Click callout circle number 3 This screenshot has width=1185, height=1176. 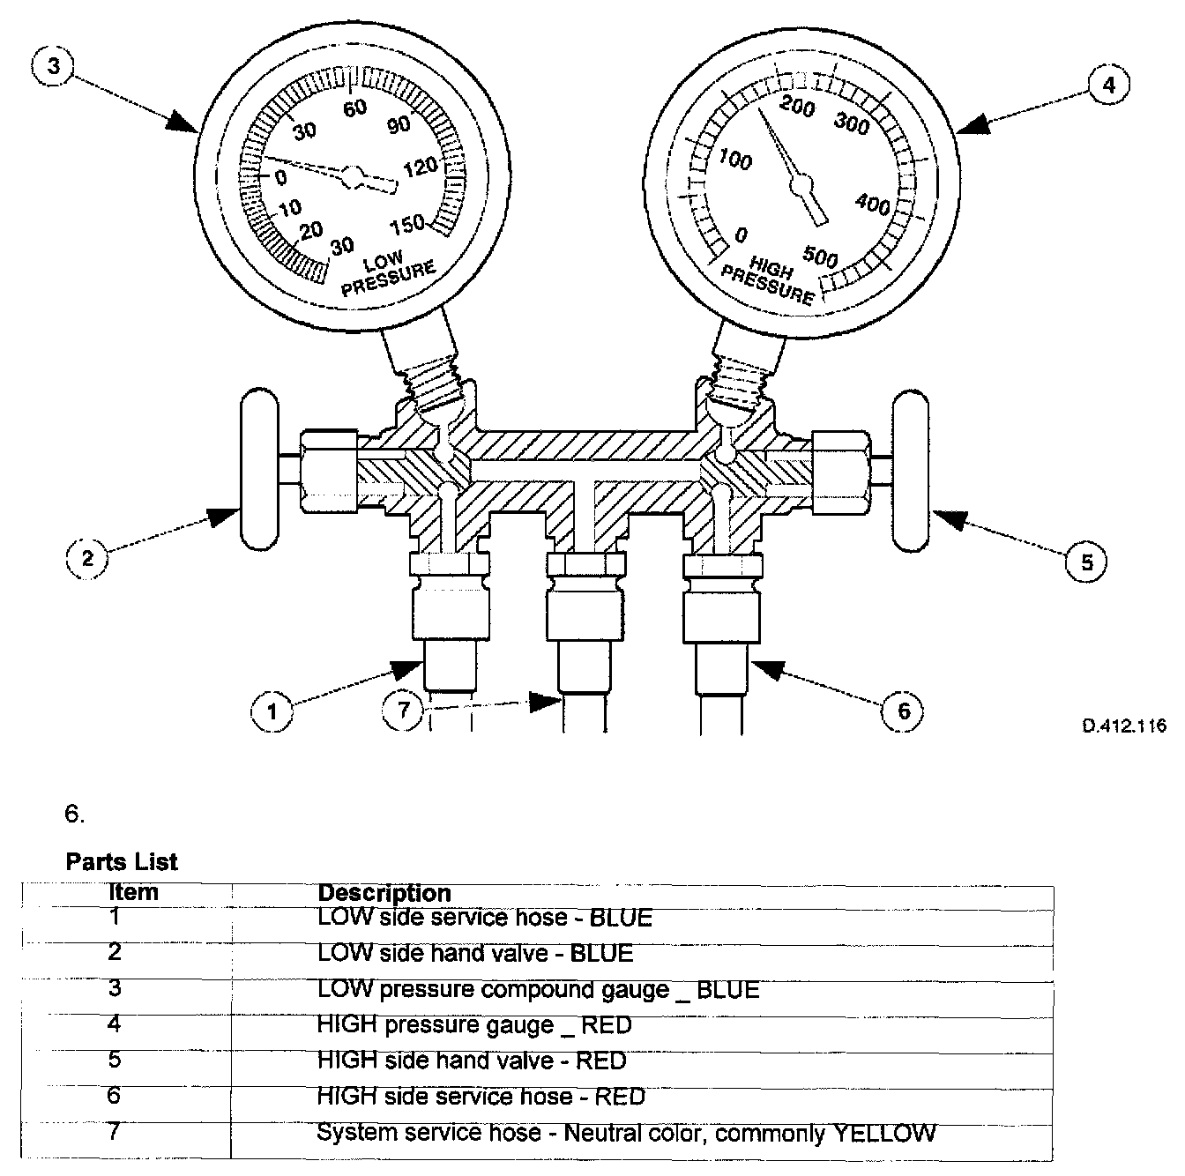point(54,68)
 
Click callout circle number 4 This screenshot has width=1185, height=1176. point(1109,85)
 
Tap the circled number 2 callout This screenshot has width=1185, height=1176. point(87,557)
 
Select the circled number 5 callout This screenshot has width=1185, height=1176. point(1086,561)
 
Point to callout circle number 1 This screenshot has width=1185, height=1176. point(272,710)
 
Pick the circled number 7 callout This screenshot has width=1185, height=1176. point(404,708)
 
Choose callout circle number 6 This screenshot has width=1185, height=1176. point(903,710)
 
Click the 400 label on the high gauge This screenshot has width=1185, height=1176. point(872,205)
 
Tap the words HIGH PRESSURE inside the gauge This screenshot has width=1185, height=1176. point(768,280)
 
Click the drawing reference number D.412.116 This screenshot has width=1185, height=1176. point(1123,726)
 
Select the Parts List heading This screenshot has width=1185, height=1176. point(122,861)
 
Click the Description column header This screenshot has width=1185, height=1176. point(384,892)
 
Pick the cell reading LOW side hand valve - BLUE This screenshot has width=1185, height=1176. point(474,953)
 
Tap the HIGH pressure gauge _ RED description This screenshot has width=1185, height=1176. point(474,1024)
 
